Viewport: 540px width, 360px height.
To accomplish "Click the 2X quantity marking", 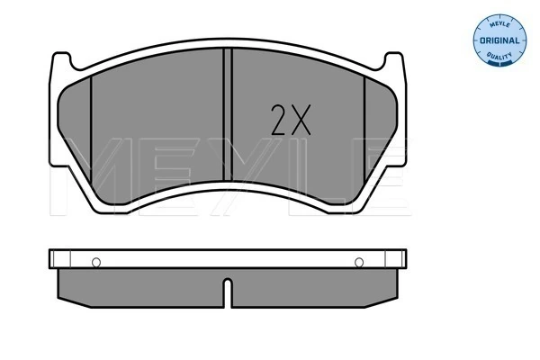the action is [x=291, y=120].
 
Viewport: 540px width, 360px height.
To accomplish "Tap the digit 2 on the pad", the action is [x=279, y=120].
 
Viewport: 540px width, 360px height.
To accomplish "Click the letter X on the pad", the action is [x=301, y=120].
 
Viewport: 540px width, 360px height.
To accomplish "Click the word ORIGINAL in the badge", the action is [x=499, y=40].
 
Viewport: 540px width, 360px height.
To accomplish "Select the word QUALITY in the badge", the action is [x=499, y=56].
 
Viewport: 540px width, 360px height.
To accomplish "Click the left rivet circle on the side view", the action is [x=96, y=263].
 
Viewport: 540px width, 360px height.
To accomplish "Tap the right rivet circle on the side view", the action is [x=359, y=263].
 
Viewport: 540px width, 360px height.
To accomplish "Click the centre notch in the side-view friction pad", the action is [x=228, y=292].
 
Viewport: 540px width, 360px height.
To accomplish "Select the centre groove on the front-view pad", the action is [x=228, y=114].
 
